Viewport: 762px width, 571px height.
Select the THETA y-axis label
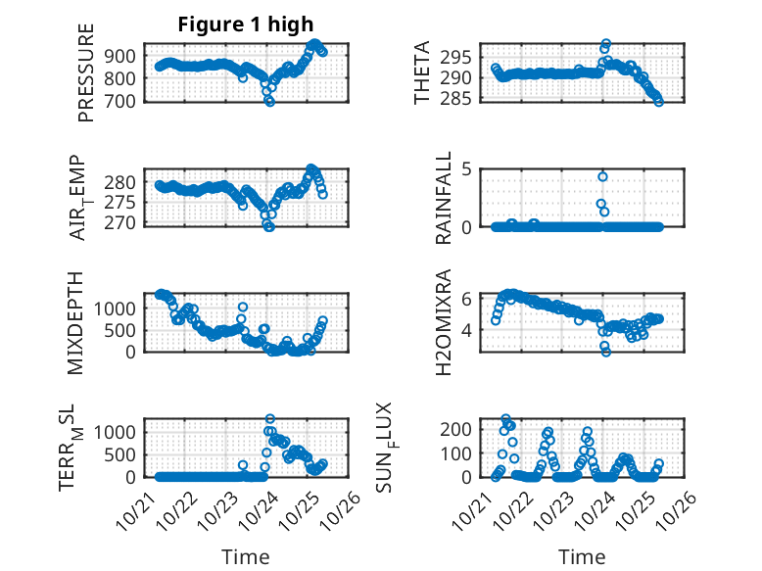point(422,72)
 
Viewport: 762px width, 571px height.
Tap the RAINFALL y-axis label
point(444,198)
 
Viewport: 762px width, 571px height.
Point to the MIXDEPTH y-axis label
point(76,322)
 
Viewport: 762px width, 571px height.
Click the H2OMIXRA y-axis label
point(444,322)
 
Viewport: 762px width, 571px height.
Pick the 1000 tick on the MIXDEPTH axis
point(118,308)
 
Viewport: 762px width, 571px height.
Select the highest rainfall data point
point(603,176)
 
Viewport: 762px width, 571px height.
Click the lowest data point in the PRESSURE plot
point(270,102)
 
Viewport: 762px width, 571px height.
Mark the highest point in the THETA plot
point(606,44)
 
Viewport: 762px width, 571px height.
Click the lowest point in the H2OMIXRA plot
point(606,352)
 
